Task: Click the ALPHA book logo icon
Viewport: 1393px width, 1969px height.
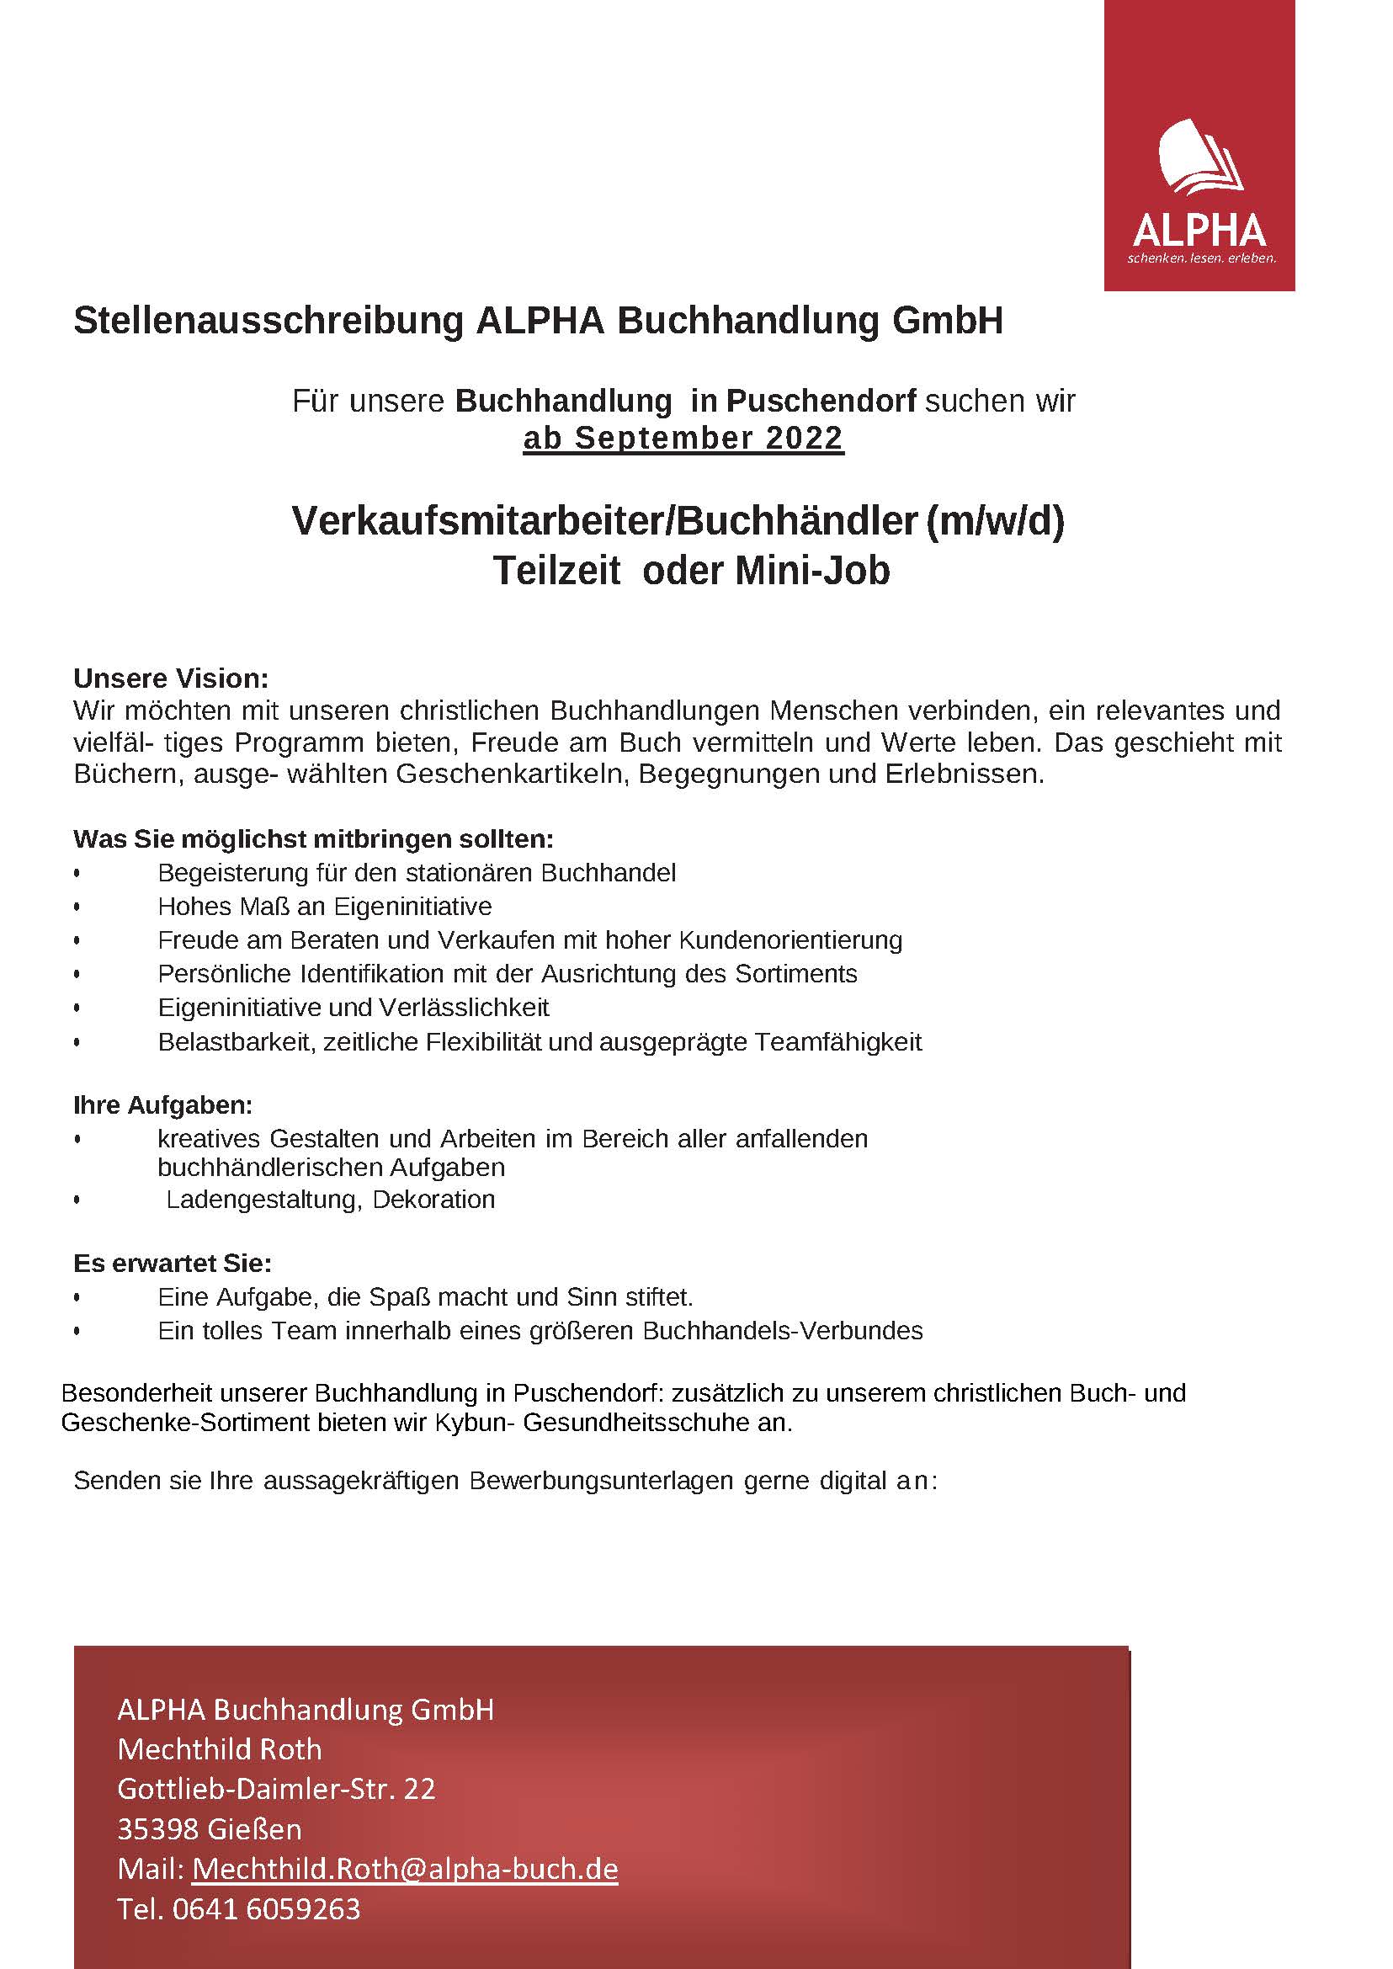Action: [x=1199, y=159]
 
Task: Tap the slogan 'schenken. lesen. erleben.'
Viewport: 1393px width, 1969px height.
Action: [x=1201, y=258]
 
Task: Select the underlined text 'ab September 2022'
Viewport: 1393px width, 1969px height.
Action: [x=683, y=439]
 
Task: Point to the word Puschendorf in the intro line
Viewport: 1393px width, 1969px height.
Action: [x=821, y=401]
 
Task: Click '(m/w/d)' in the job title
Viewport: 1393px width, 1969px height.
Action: [x=995, y=521]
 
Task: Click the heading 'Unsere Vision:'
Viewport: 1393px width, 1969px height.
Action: [x=171, y=679]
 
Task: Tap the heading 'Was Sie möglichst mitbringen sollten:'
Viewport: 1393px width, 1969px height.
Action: [x=313, y=838]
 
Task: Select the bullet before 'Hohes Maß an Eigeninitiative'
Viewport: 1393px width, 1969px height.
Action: [x=77, y=907]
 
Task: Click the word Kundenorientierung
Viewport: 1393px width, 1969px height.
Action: [x=790, y=940]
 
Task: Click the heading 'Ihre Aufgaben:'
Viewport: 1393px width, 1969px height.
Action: [x=163, y=1106]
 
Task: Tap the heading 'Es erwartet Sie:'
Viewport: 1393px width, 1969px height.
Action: [x=173, y=1264]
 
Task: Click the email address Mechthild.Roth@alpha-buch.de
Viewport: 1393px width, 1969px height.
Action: [x=404, y=1869]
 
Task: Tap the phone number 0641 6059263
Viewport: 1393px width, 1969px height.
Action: [x=266, y=1909]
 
